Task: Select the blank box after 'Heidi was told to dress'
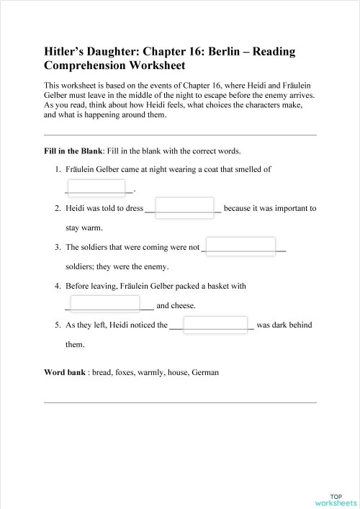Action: click(184, 207)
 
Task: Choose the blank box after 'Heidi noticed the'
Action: click(213, 325)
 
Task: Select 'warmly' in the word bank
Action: click(168, 373)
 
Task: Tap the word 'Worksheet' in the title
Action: click(153, 66)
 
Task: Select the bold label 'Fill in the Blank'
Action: click(73, 151)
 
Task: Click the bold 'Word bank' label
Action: click(66, 373)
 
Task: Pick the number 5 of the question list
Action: click(58, 325)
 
